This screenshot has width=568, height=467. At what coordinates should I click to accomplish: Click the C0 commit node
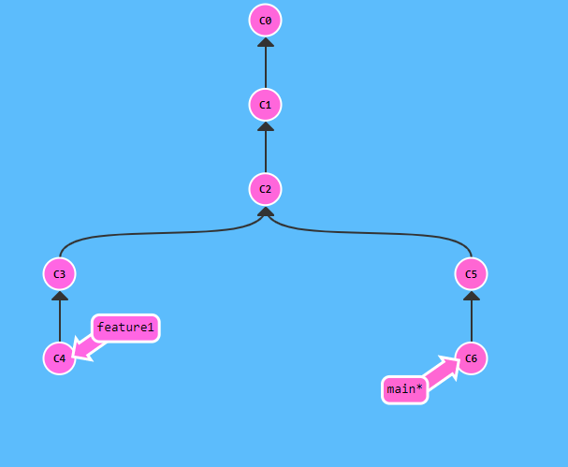pyautogui.click(x=266, y=20)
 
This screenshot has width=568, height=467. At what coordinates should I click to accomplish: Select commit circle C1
pyautogui.click(x=266, y=105)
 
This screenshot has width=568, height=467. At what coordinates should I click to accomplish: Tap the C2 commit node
pyautogui.click(x=266, y=189)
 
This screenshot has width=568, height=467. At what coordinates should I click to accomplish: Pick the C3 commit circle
pyautogui.click(x=59, y=274)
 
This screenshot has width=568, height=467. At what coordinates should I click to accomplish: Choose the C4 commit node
pyautogui.click(x=59, y=358)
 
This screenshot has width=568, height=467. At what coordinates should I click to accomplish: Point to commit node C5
pyautogui.click(x=471, y=274)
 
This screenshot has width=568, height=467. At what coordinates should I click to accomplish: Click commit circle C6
pyautogui.click(x=471, y=358)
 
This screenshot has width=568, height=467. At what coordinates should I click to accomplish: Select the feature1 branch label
pyautogui.click(x=124, y=328)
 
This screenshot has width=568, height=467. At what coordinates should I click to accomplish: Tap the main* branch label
pyautogui.click(x=404, y=389)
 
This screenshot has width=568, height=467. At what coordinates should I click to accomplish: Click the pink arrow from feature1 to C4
pyautogui.click(x=86, y=346)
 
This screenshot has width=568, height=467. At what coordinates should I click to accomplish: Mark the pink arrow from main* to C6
pyautogui.click(x=442, y=372)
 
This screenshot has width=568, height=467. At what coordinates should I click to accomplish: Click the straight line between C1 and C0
pyautogui.click(x=266, y=66)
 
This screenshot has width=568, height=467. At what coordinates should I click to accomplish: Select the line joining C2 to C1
pyautogui.click(x=266, y=150)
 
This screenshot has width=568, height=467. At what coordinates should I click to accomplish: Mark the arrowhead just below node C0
pyautogui.click(x=266, y=42)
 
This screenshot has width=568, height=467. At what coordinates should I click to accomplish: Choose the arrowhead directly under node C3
pyautogui.click(x=59, y=296)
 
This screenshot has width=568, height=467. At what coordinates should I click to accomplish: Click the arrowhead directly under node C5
pyautogui.click(x=471, y=296)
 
